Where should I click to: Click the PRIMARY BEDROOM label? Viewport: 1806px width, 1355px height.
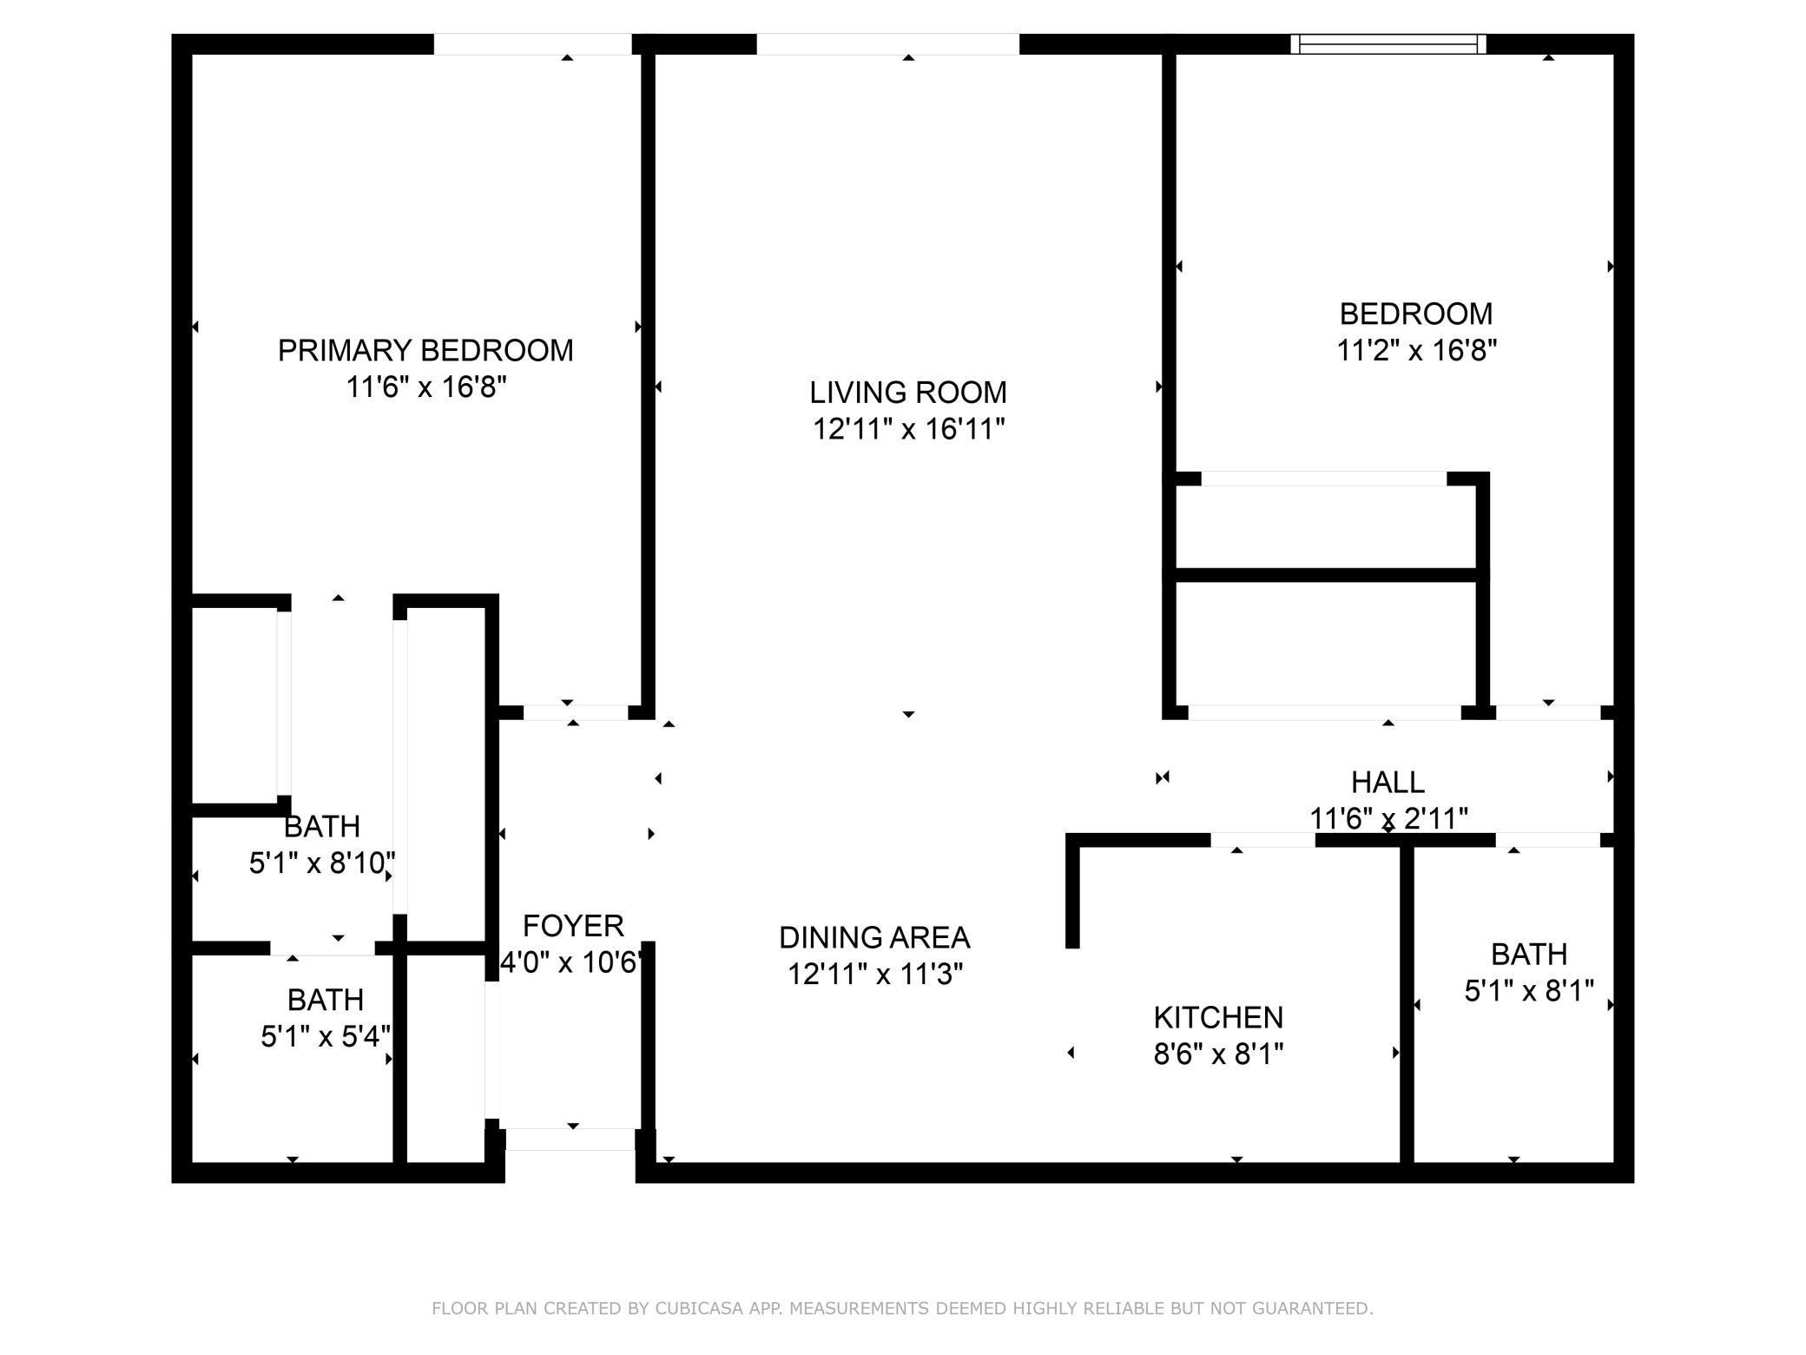(425, 350)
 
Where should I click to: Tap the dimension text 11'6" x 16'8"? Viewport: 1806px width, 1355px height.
(425, 387)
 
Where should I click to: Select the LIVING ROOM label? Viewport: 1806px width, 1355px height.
(908, 393)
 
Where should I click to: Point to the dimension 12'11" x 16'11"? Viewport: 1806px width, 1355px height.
(908, 429)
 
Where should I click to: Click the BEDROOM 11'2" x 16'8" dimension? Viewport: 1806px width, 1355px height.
(1416, 351)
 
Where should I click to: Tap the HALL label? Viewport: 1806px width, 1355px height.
(1387, 783)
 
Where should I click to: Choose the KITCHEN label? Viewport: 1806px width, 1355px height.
(1218, 1017)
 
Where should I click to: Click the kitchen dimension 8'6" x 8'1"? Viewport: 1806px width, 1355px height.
(1218, 1054)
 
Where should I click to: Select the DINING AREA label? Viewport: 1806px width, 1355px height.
(874, 938)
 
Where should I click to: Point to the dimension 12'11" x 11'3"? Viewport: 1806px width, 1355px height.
(874, 975)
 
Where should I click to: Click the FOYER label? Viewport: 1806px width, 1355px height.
(573, 926)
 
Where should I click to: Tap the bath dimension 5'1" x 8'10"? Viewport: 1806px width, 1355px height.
(322, 863)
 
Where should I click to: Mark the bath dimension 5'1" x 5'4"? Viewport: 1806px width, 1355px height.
(326, 1036)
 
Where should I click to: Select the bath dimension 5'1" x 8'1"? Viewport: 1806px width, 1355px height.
(1528, 991)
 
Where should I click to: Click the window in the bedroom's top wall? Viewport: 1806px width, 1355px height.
(1387, 43)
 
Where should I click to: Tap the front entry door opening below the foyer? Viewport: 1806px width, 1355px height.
(570, 1140)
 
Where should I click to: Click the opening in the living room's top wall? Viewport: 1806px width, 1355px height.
(887, 43)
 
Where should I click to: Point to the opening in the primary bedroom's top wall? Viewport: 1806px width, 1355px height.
(532, 43)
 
